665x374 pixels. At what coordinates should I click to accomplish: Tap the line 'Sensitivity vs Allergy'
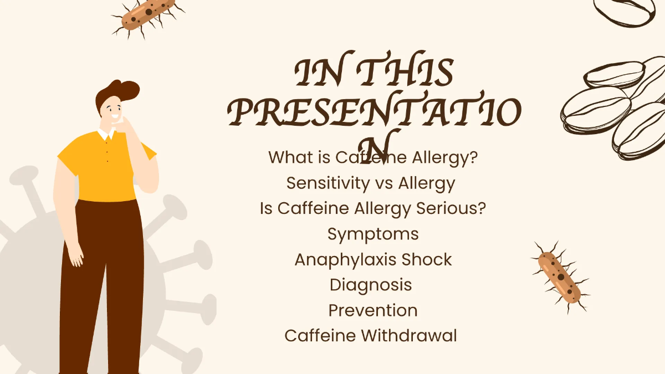tap(371, 183)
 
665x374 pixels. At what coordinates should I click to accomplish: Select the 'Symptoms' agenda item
tap(373, 234)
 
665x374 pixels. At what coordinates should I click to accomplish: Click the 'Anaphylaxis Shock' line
tap(373, 259)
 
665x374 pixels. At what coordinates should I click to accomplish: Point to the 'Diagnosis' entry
tap(371, 285)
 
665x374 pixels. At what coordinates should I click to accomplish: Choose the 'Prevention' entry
tap(373, 310)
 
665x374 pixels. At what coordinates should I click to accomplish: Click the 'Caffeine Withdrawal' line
tap(371, 336)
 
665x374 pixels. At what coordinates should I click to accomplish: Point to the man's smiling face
tap(114, 111)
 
